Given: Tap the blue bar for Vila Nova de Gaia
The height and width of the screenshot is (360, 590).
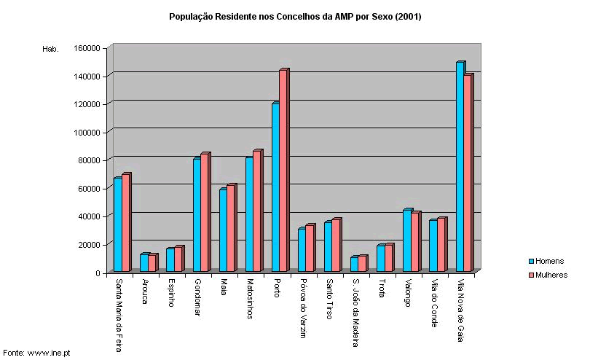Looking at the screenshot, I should click(460, 168).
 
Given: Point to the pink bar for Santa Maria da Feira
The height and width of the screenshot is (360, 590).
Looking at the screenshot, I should click(125, 223).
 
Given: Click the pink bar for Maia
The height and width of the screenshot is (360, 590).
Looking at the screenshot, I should click(231, 229).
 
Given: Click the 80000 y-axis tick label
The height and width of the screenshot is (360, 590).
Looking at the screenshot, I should click(90, 160).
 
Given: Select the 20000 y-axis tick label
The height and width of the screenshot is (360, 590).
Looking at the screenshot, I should click(90, 244).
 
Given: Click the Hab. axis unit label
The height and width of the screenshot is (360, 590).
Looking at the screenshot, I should click(50, 49).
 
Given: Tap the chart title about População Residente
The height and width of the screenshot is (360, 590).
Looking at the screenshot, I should click(295, 16).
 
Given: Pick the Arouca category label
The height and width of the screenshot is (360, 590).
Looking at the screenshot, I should click(145, 291).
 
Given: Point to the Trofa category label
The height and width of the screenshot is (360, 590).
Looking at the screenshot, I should click(381, 289).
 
